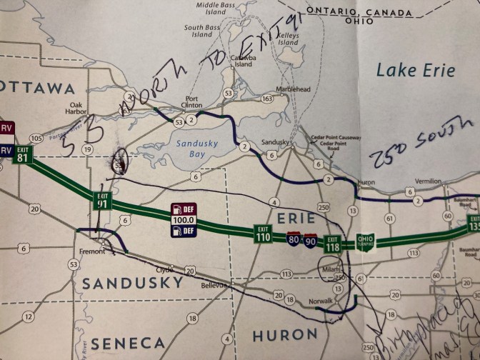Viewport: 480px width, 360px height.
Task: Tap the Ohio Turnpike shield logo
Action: point(364,241)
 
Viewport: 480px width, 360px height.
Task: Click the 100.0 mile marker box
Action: point(183,221)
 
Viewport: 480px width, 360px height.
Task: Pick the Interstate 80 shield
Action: point(294,239)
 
